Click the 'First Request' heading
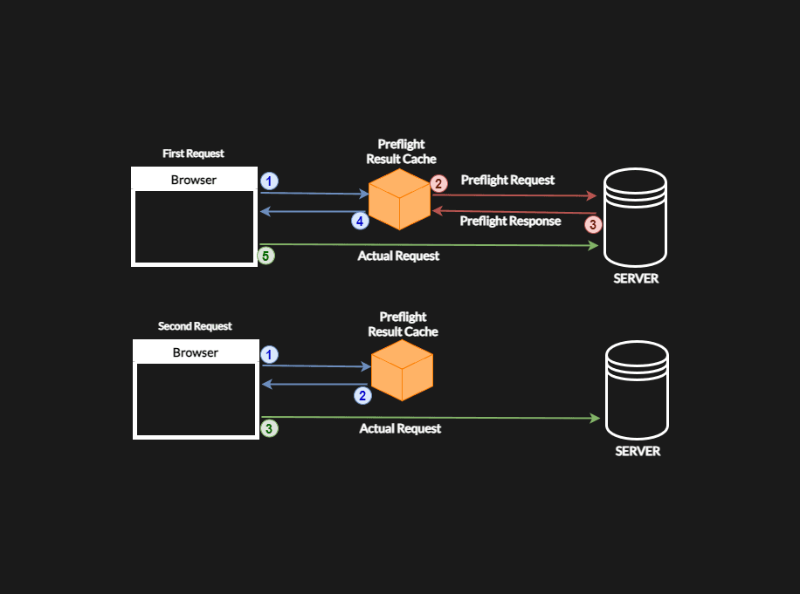coord(193,154)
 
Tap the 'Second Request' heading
coord(195,326)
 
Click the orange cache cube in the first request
coord(399,200)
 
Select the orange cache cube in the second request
coord(402,371)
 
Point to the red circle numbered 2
coord(439,183)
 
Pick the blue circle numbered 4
coord(360,222)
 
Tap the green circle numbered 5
coord(267,256)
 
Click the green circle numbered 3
coord(270,428)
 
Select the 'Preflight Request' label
coord(507,181)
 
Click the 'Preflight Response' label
coord(510,222)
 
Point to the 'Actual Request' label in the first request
coord(398,256)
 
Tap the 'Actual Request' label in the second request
coord(400,429)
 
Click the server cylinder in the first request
coord(635,217)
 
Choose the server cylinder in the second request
coord(637,390)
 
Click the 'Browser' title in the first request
coord(194,181)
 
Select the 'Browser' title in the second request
coord(196,353)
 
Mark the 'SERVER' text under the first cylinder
coord(636,279)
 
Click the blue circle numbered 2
coord(362,395)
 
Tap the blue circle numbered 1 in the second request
coord(270,355)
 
